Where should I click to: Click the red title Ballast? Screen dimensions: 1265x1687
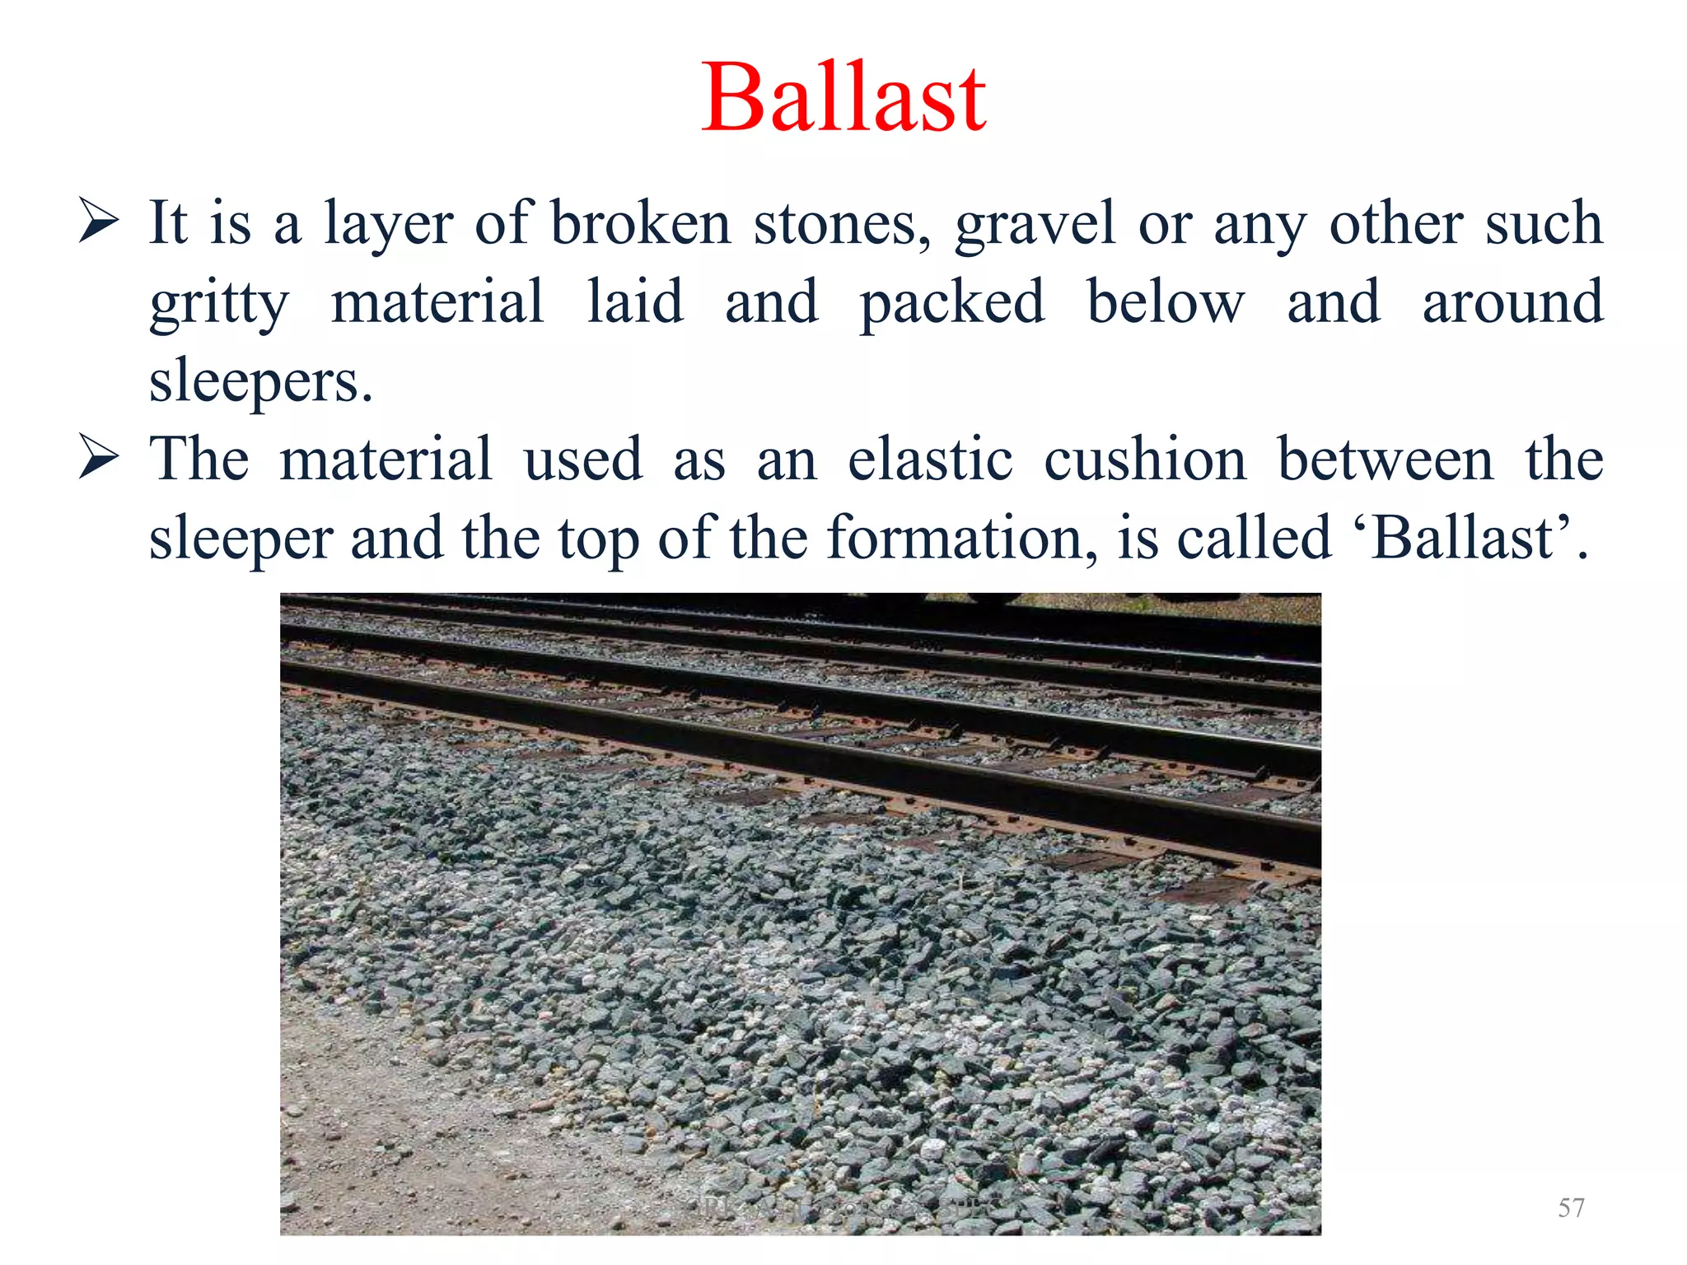(843, 99)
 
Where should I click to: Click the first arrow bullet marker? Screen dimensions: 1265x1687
(99, 221)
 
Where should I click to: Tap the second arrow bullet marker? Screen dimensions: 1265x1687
(99, 458)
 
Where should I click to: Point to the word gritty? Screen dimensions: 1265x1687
(219, 303)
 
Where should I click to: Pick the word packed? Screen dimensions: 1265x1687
(952, 303)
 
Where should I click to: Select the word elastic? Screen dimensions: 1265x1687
(930, 460)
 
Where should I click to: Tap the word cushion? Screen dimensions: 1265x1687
(1145, 460)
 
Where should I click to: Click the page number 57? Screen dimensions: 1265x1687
(1571, 1207)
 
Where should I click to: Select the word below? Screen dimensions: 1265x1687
(1165, 303)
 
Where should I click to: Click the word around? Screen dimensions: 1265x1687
(1512, 303)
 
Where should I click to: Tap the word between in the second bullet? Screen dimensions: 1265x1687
(1385, 460)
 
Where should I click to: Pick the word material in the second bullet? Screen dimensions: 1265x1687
(386, 460)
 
